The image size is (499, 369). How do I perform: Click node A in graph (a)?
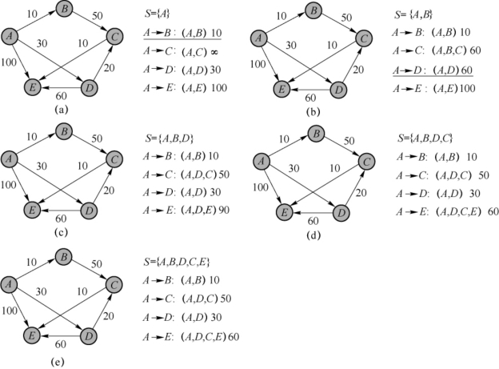pyautogui.click(x=10, y=37)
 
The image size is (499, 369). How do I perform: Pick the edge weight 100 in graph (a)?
pyautogui.click(x=10, y=61)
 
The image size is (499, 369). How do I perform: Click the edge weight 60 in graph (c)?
pyautogui.click(x=61, y=217)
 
